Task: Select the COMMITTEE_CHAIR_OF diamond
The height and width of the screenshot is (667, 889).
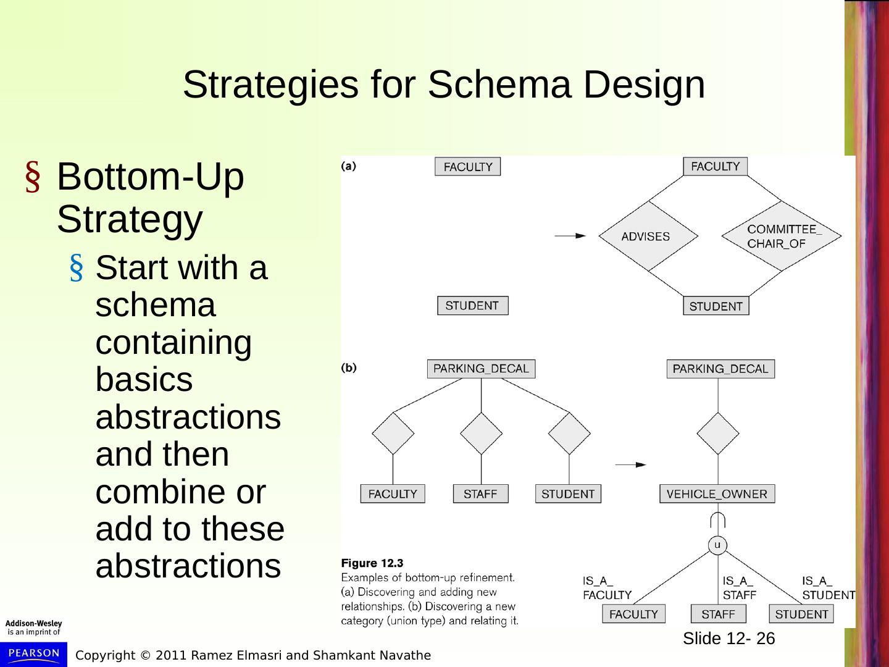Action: [x=782, y=236]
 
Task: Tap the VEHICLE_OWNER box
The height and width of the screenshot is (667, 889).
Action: [x=717, y=494]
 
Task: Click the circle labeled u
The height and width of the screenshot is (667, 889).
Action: [x=717, y=545]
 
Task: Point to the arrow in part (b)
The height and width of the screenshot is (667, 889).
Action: [x=630, y=464]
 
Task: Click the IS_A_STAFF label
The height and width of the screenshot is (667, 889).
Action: [x=739, y=588]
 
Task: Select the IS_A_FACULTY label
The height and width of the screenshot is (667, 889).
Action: [x=607, y=588]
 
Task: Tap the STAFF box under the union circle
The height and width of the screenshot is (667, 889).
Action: [x=718, y=614]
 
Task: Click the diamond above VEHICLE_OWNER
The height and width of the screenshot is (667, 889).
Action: [x=718, y=433]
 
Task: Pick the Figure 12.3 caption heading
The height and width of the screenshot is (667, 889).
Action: [x=372, y=563]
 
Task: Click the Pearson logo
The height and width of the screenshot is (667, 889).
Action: [x=33, y=653]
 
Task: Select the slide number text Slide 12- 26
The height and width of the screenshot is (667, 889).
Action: [x=728, y=639]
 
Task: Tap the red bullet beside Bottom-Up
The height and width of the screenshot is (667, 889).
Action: [x=33, y=178]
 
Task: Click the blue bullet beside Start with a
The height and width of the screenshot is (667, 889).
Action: [x=77, y=269]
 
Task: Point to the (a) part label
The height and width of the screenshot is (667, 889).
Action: [x=349, y=166]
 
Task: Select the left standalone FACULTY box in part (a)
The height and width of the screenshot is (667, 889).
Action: [x=467, y=167]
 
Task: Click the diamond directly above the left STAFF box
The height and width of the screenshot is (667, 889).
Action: [x=482, y=433]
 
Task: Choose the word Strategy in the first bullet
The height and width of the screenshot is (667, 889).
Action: [x=130, y=219]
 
